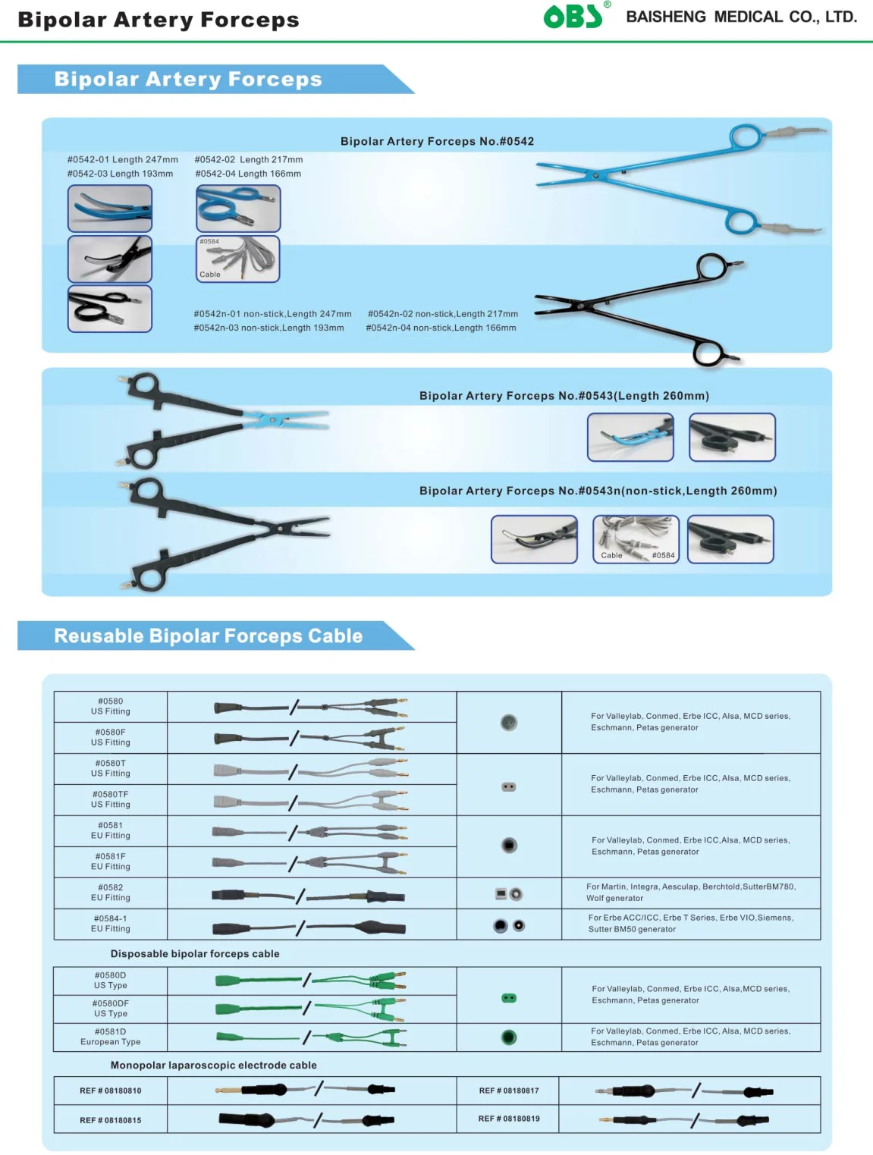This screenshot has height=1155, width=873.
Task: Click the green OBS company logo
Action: pos(574,16)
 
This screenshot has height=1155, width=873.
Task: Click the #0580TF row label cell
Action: pos(111,799)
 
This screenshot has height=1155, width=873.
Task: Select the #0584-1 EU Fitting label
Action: pos(111,924)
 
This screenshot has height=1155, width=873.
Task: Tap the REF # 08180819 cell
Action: pos(508,1119)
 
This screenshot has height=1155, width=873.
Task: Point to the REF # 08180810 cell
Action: pos(111,1091)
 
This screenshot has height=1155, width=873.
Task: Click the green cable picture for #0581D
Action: pos(311,1037)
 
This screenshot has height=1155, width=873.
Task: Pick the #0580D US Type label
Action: pos(111,981)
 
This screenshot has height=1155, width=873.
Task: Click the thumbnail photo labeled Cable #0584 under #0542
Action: pos(238,259)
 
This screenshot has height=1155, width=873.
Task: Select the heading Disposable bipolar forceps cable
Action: pos(195,954)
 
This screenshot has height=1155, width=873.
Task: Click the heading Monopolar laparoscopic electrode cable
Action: pos(213,1066)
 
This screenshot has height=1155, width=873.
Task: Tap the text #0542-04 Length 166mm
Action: pos(248,174)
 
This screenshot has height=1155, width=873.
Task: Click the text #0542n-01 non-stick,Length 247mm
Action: pos(272,314)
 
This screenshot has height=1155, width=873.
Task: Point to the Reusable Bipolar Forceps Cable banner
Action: pos(208,636)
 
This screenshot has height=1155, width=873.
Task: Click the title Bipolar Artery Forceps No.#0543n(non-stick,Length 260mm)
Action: pos(598,491)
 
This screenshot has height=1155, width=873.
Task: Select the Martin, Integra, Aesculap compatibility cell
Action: pos(690,893)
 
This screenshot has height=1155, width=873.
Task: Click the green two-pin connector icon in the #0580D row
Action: pos(509,998)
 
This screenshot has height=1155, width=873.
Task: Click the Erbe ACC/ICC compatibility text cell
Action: pos(690,924)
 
